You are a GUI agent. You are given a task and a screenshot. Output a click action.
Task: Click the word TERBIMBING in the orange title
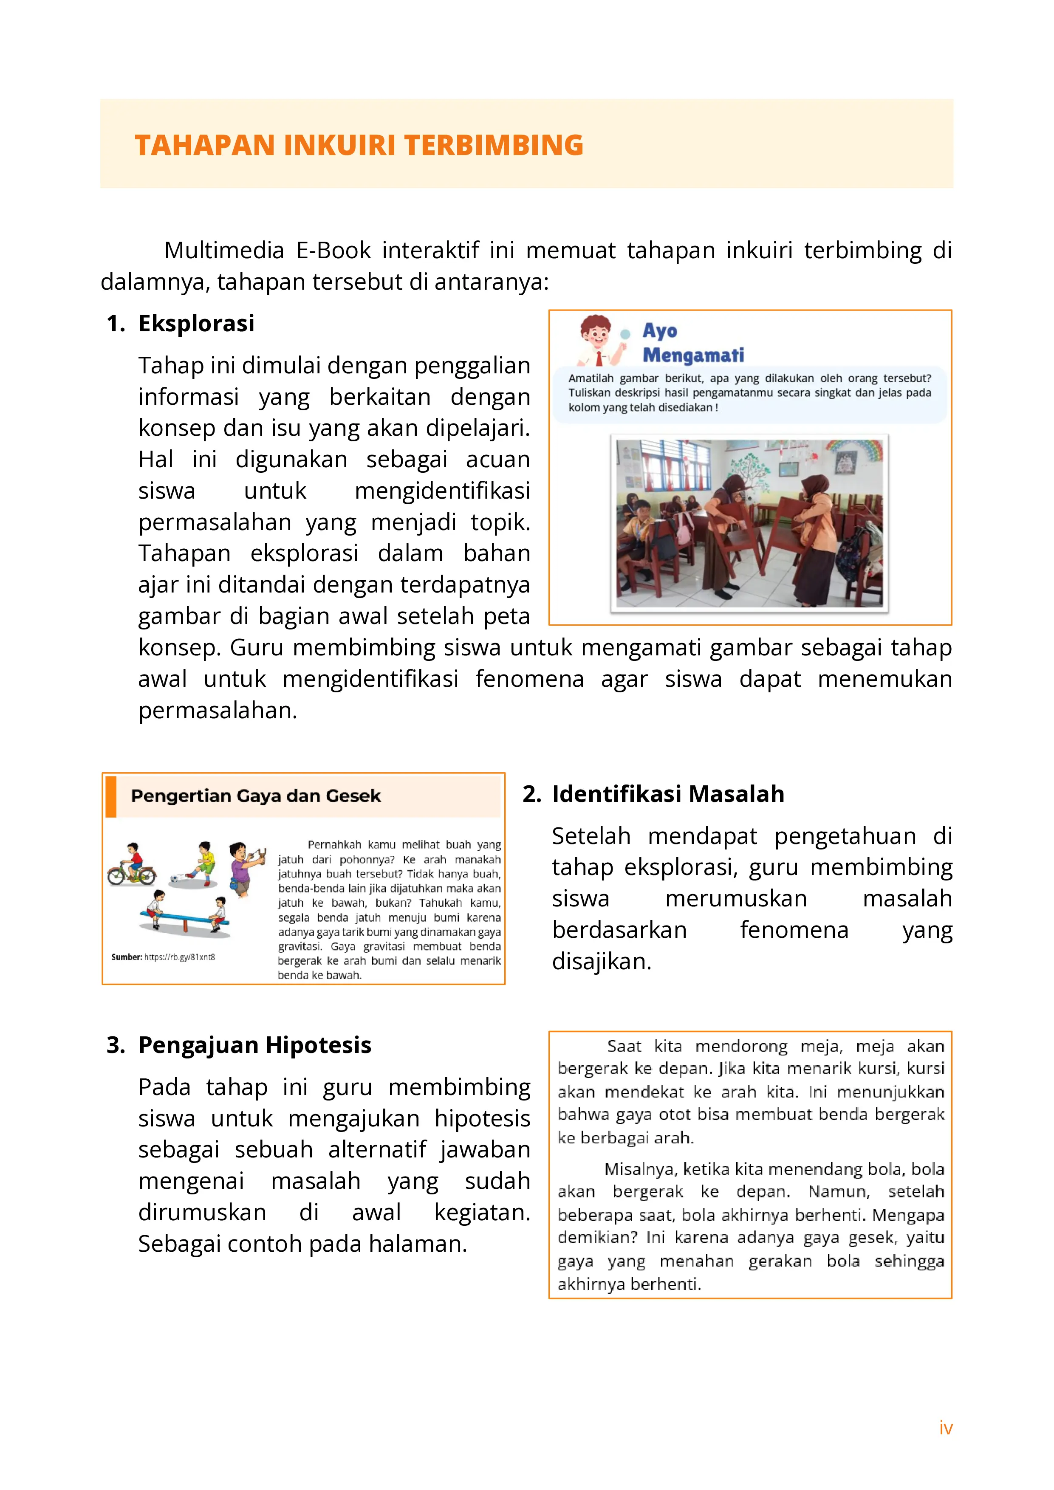pos(494,145)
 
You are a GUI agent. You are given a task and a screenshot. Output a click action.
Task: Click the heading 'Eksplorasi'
pos(196,323)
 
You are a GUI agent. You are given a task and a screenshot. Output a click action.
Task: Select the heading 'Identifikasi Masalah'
pos(668,794)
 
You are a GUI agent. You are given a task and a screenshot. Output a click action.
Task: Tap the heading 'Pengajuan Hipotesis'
pos(254,1045)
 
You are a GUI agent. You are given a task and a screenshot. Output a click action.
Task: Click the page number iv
pos(946,1428)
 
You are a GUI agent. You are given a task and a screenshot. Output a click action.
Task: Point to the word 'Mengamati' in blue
pos(693,355)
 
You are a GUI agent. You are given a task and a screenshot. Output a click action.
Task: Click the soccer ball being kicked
pos(174,879)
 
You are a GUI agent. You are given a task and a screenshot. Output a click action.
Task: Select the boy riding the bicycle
pos(133,863)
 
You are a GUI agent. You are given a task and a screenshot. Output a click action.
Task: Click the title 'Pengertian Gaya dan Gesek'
pos(256,796)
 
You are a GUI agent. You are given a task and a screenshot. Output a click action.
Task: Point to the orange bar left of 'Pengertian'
pos(111,796)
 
